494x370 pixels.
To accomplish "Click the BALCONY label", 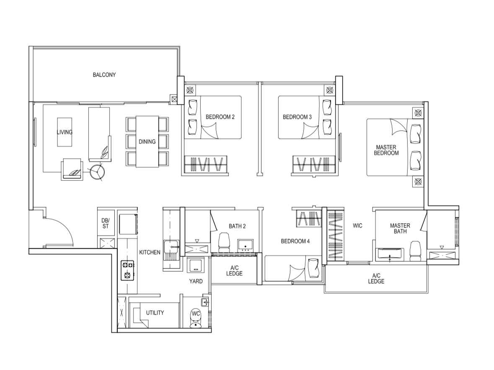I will [x=104, y=75].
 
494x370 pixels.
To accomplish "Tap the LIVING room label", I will [x=65, y=132].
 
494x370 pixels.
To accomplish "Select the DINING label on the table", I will [x=147, y=141].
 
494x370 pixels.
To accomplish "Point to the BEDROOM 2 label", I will [x=220, y=117].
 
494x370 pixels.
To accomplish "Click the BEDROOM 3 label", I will [x=297, y=117].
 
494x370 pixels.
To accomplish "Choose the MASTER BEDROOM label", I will [x=387, y=150].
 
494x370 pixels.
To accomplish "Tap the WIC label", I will [x=357, y=226].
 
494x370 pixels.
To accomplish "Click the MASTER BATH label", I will [x=400, y=229].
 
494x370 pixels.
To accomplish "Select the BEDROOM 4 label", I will [x=295, y=241].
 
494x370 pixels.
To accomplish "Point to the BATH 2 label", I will [x=237, y=226].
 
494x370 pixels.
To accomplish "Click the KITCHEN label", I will [x=150, y=252].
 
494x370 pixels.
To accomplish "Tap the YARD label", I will [x=196, y=281].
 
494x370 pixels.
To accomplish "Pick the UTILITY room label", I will [x=155, y=313].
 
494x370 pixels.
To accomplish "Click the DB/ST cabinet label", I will [x=105, y=223].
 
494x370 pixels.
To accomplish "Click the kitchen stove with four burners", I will [x=127, y=270].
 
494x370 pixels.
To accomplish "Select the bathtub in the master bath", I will [x=390, y=254].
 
